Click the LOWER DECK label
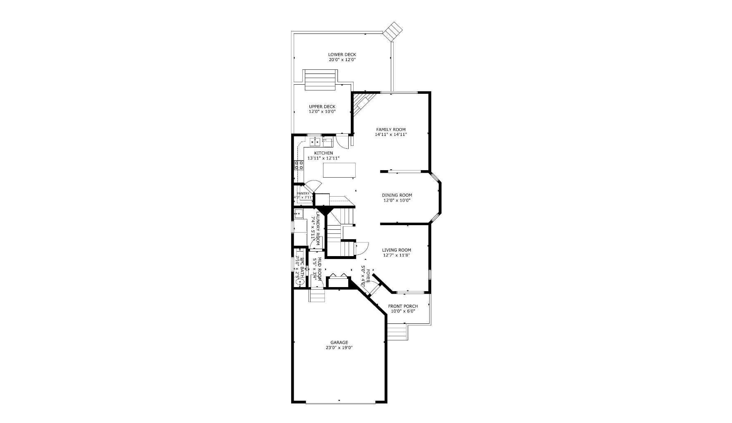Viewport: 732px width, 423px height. [342, 55]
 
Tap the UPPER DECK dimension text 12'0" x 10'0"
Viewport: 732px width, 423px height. [322, 112]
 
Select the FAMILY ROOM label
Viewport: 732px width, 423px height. [391, 129]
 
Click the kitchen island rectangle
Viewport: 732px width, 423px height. [339, 170]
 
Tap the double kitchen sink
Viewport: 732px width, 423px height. [315, 142]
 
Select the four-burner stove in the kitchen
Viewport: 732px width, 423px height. [299, 165]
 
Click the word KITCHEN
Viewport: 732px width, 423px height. [323, 153]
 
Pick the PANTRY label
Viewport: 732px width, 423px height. [303, 193]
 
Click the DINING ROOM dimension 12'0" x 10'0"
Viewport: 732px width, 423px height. [397, 200]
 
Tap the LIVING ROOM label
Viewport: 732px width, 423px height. [397, 250]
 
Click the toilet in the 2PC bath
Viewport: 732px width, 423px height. [300, 282]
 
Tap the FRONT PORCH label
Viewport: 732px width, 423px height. [403, 306]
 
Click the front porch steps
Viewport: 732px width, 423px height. [397, 332]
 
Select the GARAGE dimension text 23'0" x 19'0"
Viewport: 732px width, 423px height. [339, 348]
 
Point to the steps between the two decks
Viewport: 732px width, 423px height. [320, 80]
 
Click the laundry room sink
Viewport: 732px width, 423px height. [298, 214]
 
